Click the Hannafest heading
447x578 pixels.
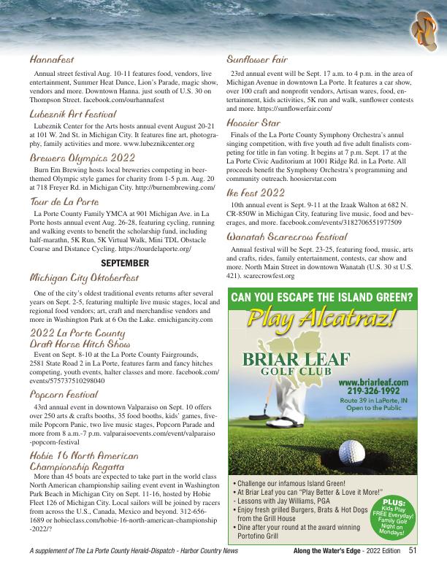(52, 59)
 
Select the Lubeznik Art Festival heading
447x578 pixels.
(73, 114)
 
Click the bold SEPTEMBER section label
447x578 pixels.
(124, 262)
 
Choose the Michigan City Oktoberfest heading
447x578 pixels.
(84, 278)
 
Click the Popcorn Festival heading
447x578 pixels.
(64, 393)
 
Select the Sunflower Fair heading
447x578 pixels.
(257, 59)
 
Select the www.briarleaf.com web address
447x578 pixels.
(373, 381)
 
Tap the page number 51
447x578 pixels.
(413, 551)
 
